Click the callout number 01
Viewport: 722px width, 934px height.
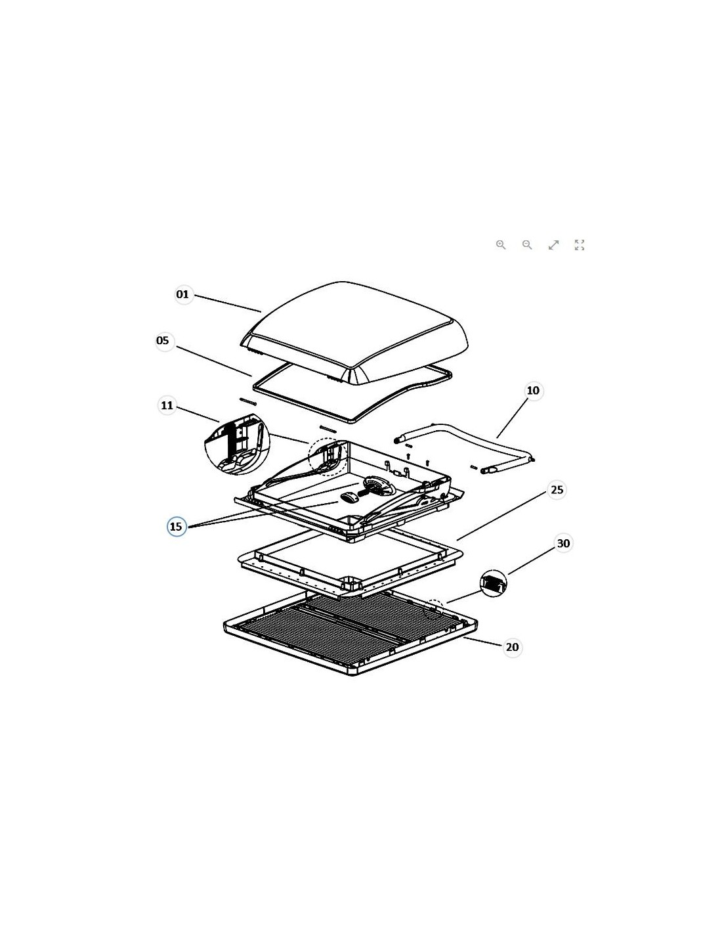click(x=182, y=294)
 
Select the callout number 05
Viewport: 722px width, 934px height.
click(x=163, y=340)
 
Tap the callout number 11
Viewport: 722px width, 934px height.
click(x=167, y=405)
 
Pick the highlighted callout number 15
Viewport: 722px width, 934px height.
click(x=176, y=526)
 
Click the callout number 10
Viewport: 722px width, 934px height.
click(x=533, y=391)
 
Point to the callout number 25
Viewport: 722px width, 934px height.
click(x=557, y=489)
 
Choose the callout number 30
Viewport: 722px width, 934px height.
click(x=563, y=543)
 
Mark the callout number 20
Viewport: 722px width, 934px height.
click(x=512, y=647)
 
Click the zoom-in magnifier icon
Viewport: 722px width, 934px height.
click(x=501, y=245)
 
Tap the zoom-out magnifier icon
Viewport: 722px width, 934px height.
click(x=527, y=245)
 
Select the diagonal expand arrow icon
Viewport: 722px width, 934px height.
click(x=553, y=245)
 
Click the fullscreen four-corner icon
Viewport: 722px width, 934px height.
click(x=580, y=245)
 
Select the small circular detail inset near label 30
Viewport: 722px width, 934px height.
click(x=493, y=583)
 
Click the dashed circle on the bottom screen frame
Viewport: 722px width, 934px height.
click(x=435, y=608)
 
